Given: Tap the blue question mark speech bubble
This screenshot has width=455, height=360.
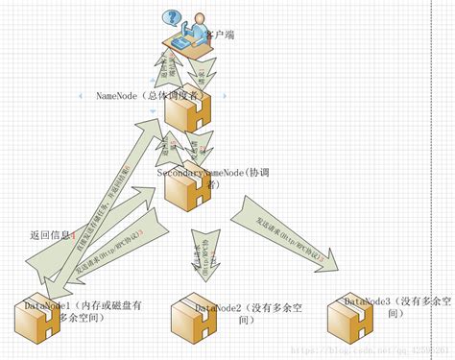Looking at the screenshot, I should [172, 16].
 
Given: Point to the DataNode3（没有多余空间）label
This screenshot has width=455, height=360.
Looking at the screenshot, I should [397, 306].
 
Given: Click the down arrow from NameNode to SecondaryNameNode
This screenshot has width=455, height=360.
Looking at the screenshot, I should [198, 150].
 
